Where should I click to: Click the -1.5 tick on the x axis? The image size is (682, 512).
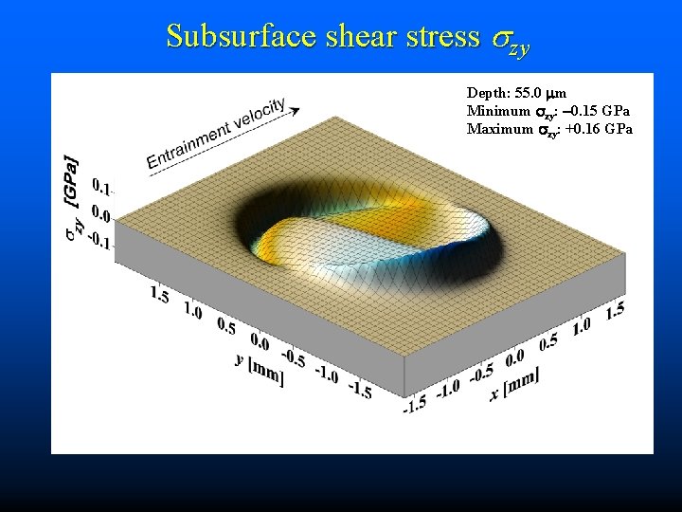(415, 403)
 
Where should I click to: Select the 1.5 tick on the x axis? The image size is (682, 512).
(614, 309)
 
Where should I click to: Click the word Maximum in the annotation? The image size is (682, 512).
(499, 128)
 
